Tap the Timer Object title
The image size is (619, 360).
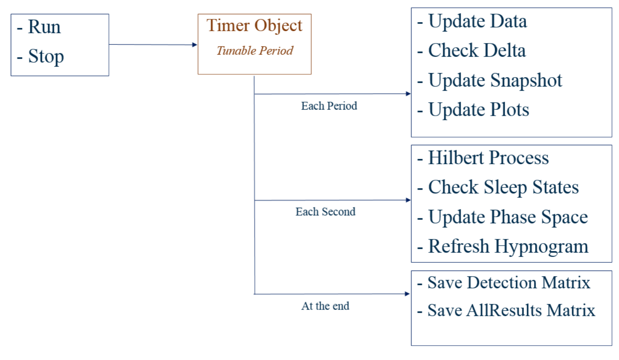254,26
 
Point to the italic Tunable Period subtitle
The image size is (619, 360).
254,50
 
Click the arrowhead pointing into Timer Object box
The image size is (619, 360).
195,45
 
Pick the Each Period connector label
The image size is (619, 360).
329,106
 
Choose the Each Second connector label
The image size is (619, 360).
325,212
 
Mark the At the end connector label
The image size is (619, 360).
325,306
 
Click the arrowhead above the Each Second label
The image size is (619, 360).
408,200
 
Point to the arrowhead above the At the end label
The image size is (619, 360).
407,294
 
